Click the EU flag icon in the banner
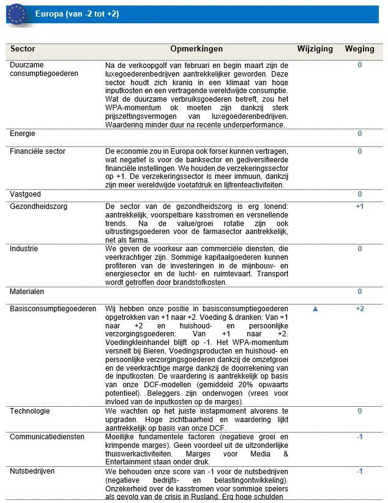pyautogui.click(x=17, y=13)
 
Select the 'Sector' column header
pyautogui.click(x=23, y=49)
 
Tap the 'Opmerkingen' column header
pyautogui.click(x=196, y=49)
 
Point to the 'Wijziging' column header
pyautogui.click(x=315, y=49)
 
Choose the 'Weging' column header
pyautogui.click(x=359, y=49)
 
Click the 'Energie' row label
pyautogui.click(x=23, y=134)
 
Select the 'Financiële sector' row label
pyautogui.click(x=37, y=151)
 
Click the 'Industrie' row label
pyautogui.click(x=24, y=249)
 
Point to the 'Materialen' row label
pyautogui.click(x=27, y=292)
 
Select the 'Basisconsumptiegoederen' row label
pyautogui.click(x=53, y=309)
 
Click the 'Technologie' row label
pyautogui.click(x=30, y=411)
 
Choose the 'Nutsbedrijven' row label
pyautogui.click(x=32, y=472)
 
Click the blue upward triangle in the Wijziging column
pyautogui.click(x=315, y=309)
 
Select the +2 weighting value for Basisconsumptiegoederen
pyautogui.click(x=360, y=309)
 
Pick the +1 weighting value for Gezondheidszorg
pyautogui.click(x=360, y=206)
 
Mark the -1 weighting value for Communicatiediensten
pyautogui.click(x=360, y=437)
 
